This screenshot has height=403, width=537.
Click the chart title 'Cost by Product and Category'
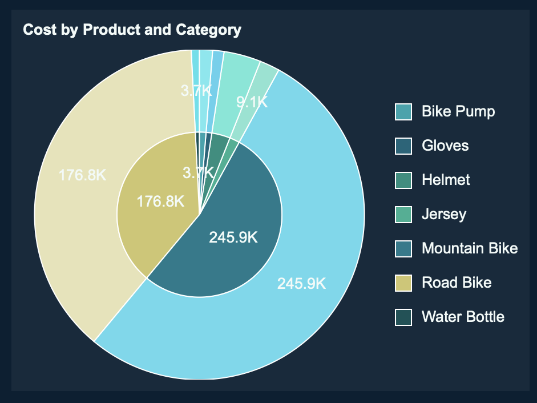coord(132,30)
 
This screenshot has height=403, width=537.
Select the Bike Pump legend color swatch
coord(403,112)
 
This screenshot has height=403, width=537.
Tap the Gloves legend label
coord(445,146)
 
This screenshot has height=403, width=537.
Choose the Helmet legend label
coord(446,180)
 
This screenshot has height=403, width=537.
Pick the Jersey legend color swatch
coord(403,215)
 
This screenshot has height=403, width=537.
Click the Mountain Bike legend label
coord(470,248)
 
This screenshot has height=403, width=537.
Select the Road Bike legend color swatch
coord(403,283)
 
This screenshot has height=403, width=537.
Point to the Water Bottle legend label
coord(463,317)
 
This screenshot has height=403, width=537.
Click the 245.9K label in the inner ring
coord(233,237)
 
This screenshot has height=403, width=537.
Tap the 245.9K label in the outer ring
coord(301,283)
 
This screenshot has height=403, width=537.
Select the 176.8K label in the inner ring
coord(160,201)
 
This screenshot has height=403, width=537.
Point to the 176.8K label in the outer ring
coord(83,175)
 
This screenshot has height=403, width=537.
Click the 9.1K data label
coord(252,102)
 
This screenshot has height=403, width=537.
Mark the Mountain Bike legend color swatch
coord(403,249)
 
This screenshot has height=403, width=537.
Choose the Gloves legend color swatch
coord(403,146)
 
